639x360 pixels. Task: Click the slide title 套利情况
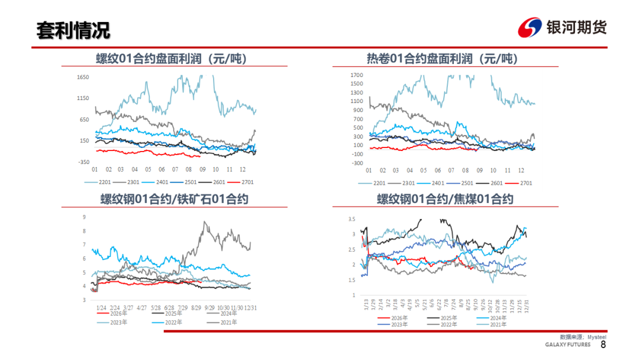point(73,31)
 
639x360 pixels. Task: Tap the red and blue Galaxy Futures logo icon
point(530,27)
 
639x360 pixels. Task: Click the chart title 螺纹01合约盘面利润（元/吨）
point(172,59)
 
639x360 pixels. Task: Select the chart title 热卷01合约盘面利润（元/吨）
point(443,59)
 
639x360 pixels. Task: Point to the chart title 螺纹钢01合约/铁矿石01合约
point(175,199)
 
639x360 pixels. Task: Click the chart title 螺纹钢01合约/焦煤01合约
point(445,199)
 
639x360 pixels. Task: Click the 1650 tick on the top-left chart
point(83,77)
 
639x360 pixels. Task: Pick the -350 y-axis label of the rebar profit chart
point(83,162)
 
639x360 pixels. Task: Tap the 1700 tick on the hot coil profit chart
point(357,75)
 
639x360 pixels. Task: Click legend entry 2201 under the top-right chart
point(372,183)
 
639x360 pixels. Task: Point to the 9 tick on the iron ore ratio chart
point(85,217)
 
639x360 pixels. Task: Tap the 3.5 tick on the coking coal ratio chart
point(351,219)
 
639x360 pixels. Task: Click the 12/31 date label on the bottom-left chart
point(250,308)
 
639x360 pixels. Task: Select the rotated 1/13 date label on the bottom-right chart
point(366,304)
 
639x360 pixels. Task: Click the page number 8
point(603,345)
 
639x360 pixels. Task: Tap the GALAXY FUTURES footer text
point(567,345)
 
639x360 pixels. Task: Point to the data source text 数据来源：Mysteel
point(583,337)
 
